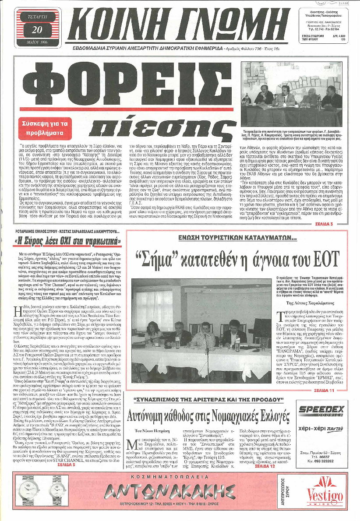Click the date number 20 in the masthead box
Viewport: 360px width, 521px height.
pos(37,29)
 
